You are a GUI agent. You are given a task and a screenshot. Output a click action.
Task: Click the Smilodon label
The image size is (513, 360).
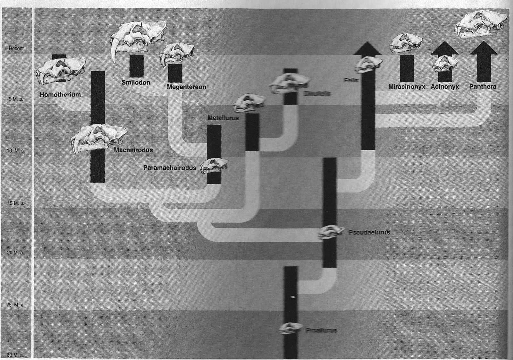(136, 82)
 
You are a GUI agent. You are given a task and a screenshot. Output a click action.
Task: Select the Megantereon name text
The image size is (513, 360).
(186, 87)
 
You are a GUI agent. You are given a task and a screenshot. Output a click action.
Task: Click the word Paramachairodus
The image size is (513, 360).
(170, 168)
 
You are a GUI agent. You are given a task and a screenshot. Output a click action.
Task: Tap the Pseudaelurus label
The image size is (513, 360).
(369, 232)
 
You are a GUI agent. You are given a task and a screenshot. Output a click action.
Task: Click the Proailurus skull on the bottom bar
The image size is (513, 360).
(290, 328)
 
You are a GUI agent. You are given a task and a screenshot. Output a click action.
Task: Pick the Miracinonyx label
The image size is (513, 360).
(407, 87)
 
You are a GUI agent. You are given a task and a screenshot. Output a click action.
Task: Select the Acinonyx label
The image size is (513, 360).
(445, 87)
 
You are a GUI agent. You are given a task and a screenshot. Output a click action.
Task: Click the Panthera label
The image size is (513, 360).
(483, 86)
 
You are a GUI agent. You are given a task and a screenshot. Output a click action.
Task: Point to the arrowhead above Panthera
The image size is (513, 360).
(484, 47)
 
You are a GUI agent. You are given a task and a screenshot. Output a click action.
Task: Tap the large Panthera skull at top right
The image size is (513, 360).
(481, 24)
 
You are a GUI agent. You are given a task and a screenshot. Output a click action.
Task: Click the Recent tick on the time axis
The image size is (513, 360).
(16, 48)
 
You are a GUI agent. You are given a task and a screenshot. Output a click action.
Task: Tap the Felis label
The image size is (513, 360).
(350, 80)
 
